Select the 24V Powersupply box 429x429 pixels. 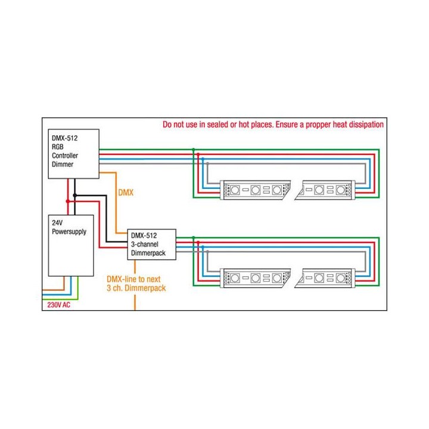(70, 244)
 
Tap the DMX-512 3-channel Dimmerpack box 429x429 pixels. (151, 245)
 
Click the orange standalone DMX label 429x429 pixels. (126, 193)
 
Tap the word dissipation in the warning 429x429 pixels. (364, 126)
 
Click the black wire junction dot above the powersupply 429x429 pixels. (74, 195)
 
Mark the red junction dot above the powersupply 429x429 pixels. (67, 201)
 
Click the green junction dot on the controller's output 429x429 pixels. (194, 149)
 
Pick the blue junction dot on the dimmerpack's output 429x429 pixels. (203, 247)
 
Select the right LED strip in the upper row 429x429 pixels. (327, 190)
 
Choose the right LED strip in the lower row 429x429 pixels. (327, 278)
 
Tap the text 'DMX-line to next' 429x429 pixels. (135, 279)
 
